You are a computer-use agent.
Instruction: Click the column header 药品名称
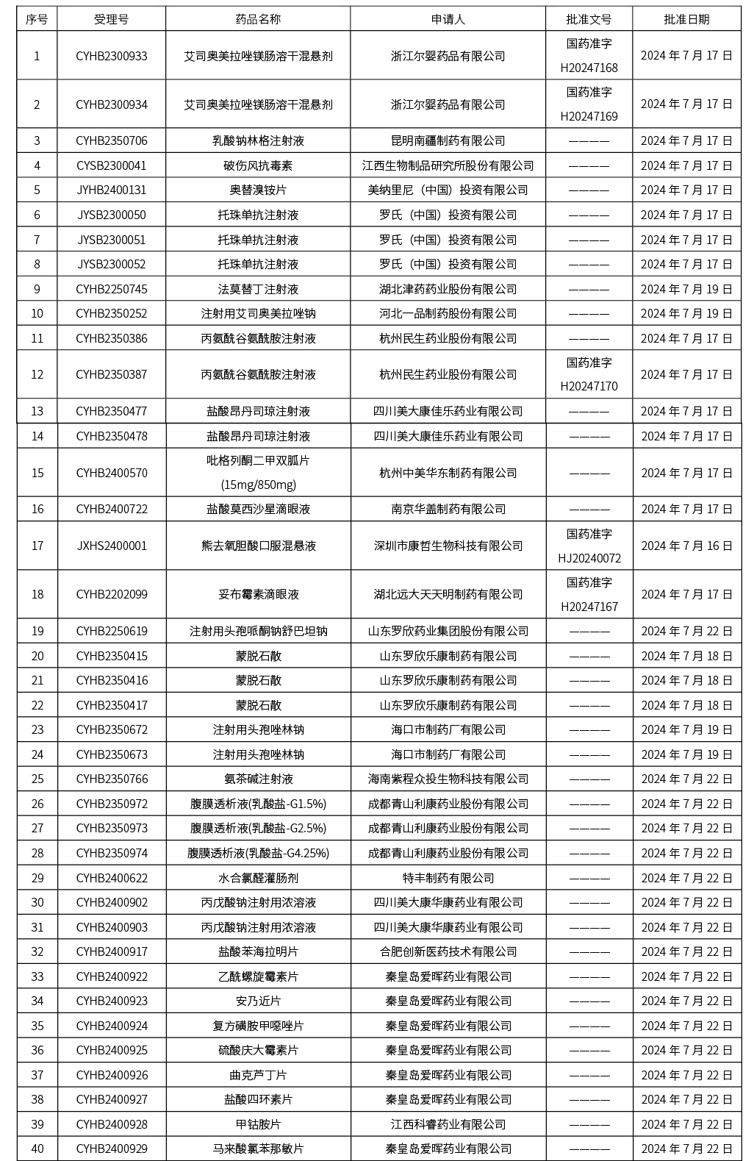(x=258, y=19)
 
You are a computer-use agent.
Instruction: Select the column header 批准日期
(x=686, y=19)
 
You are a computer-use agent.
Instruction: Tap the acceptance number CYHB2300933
(x=112, y=56)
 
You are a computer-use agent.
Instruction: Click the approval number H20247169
(x=589, y=116)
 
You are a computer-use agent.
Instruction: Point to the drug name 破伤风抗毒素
(x=258, y=165)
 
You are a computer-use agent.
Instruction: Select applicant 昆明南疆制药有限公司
(x=448, y=140)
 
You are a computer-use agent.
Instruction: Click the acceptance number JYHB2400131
(x=112, y=190)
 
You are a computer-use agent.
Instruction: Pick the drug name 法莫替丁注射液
(x=258, y=289)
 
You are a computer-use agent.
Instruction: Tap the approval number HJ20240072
(x=589, y=558)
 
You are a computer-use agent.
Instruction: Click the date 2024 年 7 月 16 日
(x=686, y=546)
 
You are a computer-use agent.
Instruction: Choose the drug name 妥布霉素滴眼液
(x=258, y=594)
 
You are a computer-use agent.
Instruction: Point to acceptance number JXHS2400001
(x=112, y=546)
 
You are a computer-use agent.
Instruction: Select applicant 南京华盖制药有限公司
(x=448, y=509)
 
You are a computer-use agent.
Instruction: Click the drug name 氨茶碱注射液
(x=258, y=779)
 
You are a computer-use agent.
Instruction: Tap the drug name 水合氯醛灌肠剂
(x=258, y=878)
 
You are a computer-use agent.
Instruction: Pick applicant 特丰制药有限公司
(x=448, y=878)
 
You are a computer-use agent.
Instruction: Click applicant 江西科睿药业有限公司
(x=448, y=1124)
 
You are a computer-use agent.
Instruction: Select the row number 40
(x=37, y=1149)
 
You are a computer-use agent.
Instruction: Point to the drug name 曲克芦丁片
(x=258, y=1075)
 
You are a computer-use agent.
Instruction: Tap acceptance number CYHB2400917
(x=112, y=951)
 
